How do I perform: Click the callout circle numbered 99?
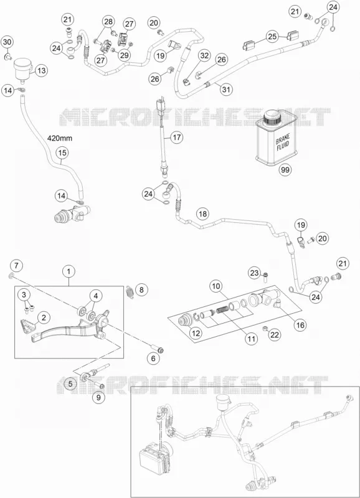[x=285, y=170]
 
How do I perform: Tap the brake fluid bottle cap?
[x=272, y=116]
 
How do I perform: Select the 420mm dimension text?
[x=60, y=138]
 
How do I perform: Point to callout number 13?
[x=42, y=70]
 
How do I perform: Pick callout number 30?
[x=7, y=42]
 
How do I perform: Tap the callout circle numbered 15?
[x=62, y=153]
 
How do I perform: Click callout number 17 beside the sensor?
[x=177, y=138]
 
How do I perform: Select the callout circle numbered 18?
[x=202, y=214]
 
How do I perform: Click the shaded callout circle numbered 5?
[x=70, y=383]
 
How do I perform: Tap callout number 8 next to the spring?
[x=141, y=289]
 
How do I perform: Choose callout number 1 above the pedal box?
[x=69, y=271]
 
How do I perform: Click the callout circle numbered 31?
[x=225, y=89]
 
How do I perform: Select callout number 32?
[x=205, y=55]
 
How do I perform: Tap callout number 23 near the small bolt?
[x=255, y=273]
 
